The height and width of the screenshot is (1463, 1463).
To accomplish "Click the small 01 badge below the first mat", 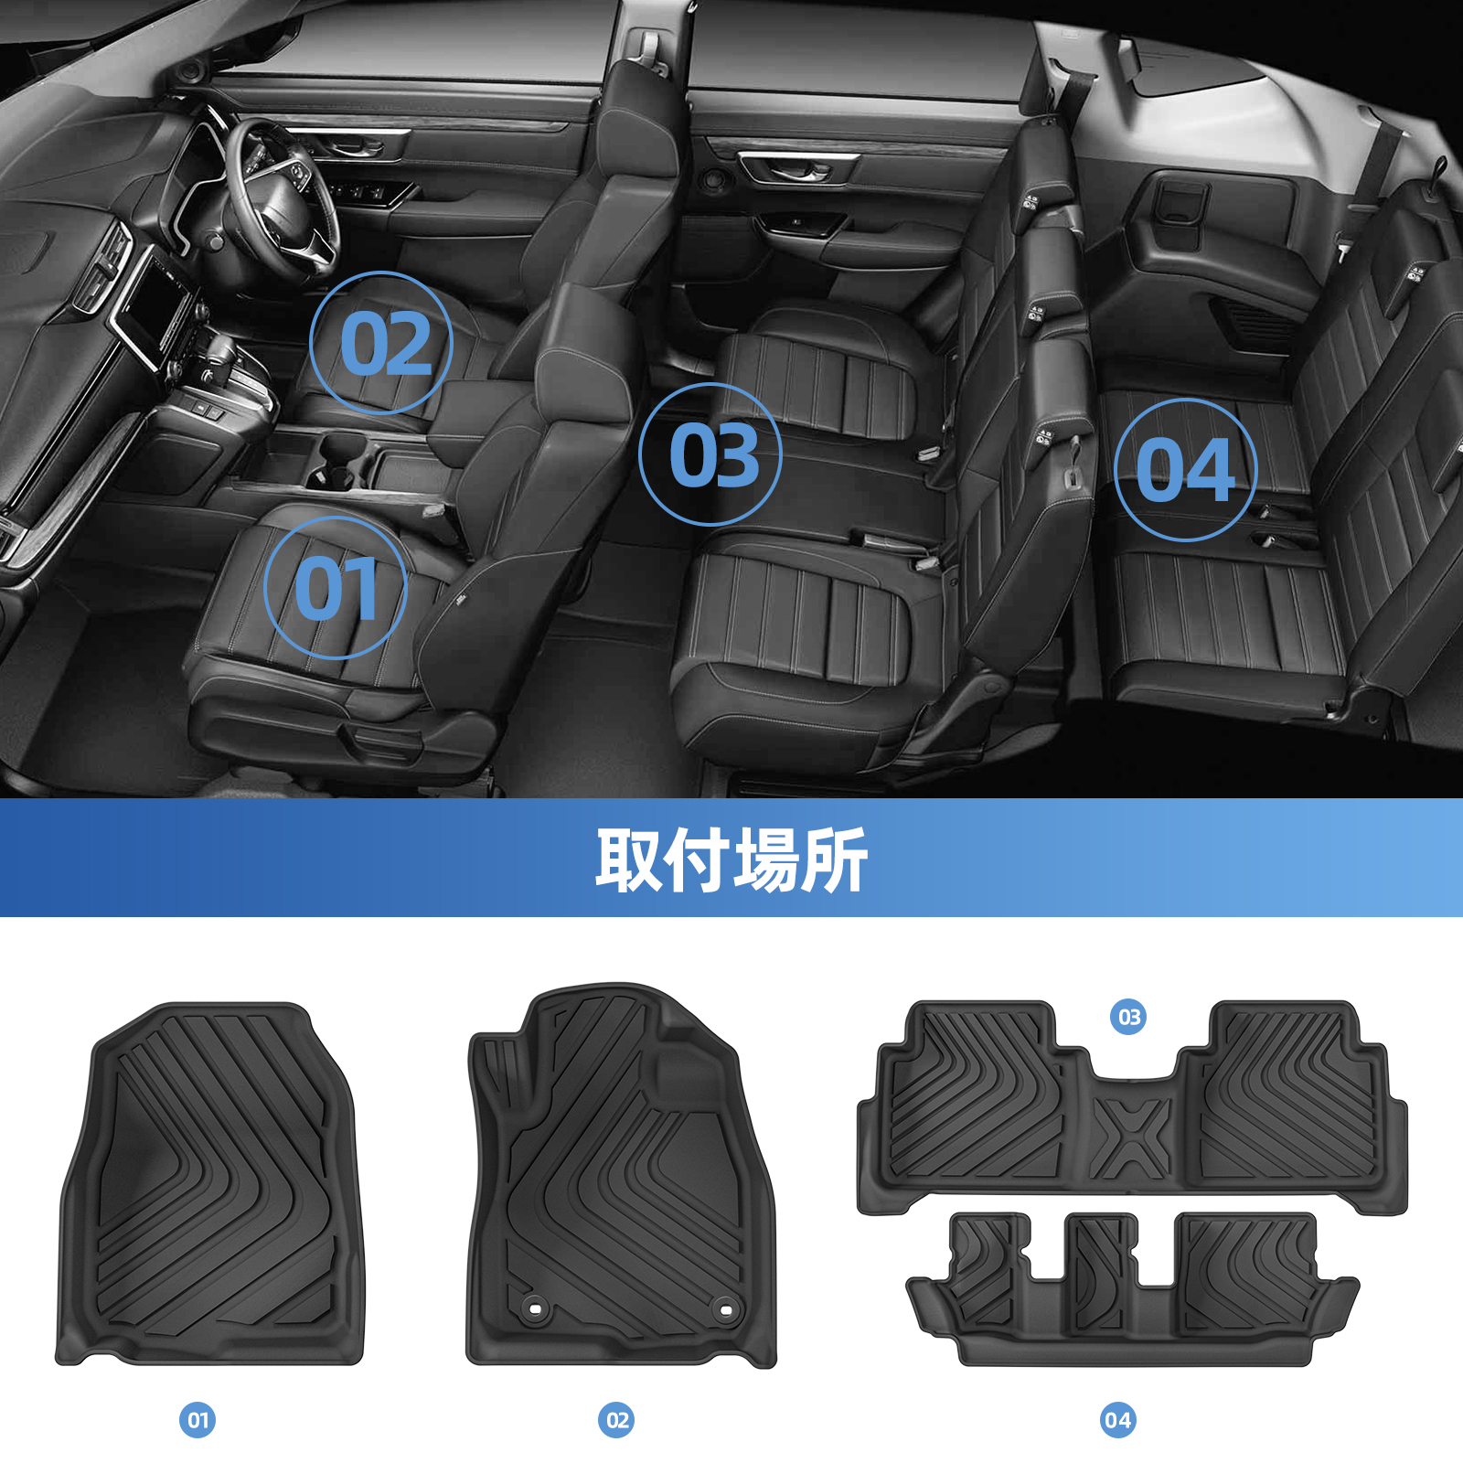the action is click(198, 1420).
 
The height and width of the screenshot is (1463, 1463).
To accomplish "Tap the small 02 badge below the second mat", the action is click(616, 1420).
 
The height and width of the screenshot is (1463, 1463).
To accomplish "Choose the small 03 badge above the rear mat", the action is click(1129, 1017).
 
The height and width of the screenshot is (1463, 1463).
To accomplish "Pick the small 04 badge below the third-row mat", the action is click(1117, 1420).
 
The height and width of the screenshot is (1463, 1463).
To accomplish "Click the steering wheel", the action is click(279, 197).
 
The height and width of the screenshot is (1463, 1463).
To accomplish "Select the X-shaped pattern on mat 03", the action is click(1131, 1137).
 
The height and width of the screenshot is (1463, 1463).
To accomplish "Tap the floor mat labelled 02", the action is click(621, 1175).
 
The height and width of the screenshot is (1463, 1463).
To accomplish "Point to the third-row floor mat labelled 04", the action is click(1132, 1289).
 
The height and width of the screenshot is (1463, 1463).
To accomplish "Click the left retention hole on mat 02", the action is click(535, 1309).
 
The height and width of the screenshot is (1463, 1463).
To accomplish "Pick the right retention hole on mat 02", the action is click(725, 1309).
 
